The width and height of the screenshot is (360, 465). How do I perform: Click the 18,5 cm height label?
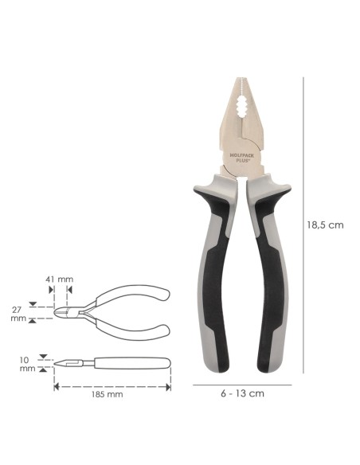pos(325,225)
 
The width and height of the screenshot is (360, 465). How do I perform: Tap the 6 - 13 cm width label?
pos(242,393)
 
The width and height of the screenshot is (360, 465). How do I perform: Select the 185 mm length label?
pos(107,394)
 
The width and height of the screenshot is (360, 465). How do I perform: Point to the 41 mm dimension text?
pos(59,279)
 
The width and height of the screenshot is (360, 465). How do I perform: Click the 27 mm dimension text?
pos(18,315)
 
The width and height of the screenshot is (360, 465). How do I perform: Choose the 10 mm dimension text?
pos(27,364)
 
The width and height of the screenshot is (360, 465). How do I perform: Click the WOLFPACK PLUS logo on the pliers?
pos(241,157)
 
